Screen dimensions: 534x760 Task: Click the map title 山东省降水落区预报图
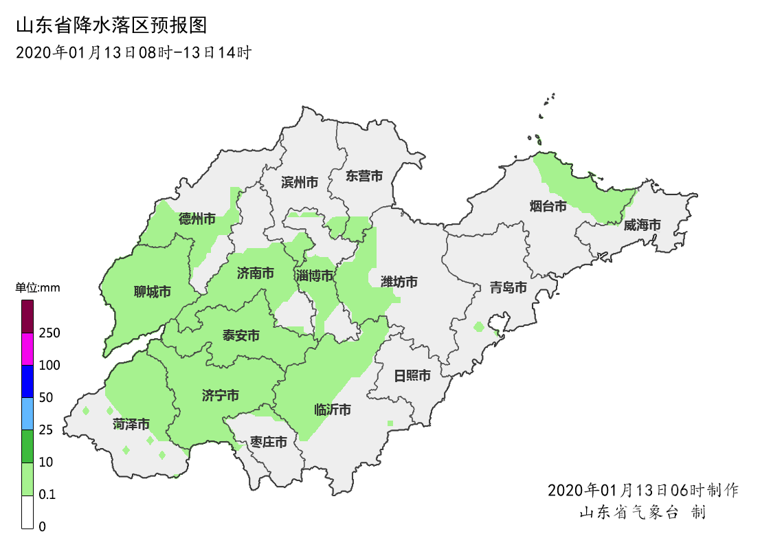tap(111, 26)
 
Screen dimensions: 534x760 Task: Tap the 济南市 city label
tap(256, 274)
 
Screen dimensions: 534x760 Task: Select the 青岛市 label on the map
tap(508, 287)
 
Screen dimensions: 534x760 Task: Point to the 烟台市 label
tap(548, 205)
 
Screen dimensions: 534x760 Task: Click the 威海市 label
tap(642, 225)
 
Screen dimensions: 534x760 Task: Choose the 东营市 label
tap(364, 176)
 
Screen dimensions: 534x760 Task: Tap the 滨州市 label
tap(300, 182)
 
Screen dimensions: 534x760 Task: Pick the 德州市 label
tap(197, 219)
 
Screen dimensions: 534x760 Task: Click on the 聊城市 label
tap(153, 292)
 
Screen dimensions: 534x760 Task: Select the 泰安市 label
tap(241, 335)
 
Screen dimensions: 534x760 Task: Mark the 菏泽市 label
tap(131, 424)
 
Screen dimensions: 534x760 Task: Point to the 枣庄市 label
tap(269, 442)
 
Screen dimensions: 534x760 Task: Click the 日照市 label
tap(412, 375)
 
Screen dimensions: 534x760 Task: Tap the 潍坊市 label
tap(399, 282)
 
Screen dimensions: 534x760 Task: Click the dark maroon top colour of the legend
tap(27, 316)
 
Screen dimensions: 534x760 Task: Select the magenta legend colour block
tap(27, 348)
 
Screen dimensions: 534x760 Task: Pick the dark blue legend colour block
tap(27, 381)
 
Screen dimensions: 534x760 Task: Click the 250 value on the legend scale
tap(49, 333)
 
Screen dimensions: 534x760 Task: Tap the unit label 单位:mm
tap(38, 288)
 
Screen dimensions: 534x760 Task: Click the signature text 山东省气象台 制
tap(642, 512)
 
